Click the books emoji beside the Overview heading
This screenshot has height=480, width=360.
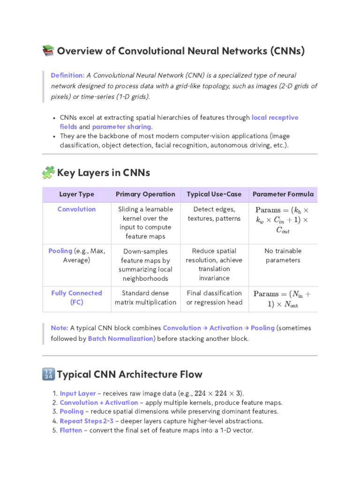tap(48, 51)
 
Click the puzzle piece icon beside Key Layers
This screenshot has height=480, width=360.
tap(48, 173)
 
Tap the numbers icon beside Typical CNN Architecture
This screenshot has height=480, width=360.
tap(48, 374)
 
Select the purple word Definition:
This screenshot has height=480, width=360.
tap(67, 75)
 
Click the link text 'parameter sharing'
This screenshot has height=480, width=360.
tap(121, 127)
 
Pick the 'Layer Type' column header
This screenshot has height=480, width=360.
tap(76, 194)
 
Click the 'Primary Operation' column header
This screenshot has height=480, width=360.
tap(145, 194)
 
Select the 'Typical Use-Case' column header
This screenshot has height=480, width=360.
tap(214, 194)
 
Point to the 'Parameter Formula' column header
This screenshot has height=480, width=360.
tap(283, 194)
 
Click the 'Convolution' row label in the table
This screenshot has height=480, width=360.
tap(76, 209)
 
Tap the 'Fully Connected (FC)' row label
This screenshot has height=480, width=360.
tap(76, 298)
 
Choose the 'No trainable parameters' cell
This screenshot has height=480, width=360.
tap(283, 255)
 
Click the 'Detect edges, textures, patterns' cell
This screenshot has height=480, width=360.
tap(214, 214)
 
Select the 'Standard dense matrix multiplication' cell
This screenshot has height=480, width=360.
tap(145, 298)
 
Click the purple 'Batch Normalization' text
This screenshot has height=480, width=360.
tap(120, 338)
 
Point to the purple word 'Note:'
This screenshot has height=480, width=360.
tap(60, 328)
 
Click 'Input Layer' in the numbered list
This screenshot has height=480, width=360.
tap(78, 393)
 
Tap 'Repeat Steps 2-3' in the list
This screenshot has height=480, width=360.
tap(87, 420)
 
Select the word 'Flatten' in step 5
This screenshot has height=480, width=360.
tap(71, 430)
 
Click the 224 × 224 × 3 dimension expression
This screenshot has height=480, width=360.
tap(218, 393)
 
